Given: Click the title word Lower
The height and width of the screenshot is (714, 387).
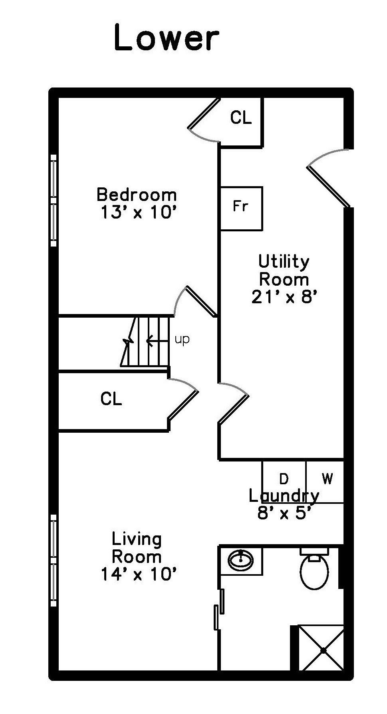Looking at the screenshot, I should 167,38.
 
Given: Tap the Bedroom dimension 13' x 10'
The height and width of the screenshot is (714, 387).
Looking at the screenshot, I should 138,213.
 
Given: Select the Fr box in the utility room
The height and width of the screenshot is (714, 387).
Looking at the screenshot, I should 241,208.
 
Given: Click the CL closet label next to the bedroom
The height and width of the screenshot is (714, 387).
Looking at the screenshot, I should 241,117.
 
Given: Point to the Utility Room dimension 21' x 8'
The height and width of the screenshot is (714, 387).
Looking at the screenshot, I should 284,297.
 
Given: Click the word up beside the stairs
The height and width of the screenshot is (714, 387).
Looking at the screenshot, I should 182,340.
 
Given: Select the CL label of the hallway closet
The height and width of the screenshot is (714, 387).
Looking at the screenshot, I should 111,399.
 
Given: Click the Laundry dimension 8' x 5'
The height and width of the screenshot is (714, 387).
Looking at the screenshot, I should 284,513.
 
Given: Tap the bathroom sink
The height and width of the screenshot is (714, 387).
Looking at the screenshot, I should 241,561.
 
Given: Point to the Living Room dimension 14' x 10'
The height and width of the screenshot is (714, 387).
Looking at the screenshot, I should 138,575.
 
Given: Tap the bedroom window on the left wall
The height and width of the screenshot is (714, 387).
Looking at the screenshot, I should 54,201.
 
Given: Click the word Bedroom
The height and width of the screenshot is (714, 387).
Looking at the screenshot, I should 137,195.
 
